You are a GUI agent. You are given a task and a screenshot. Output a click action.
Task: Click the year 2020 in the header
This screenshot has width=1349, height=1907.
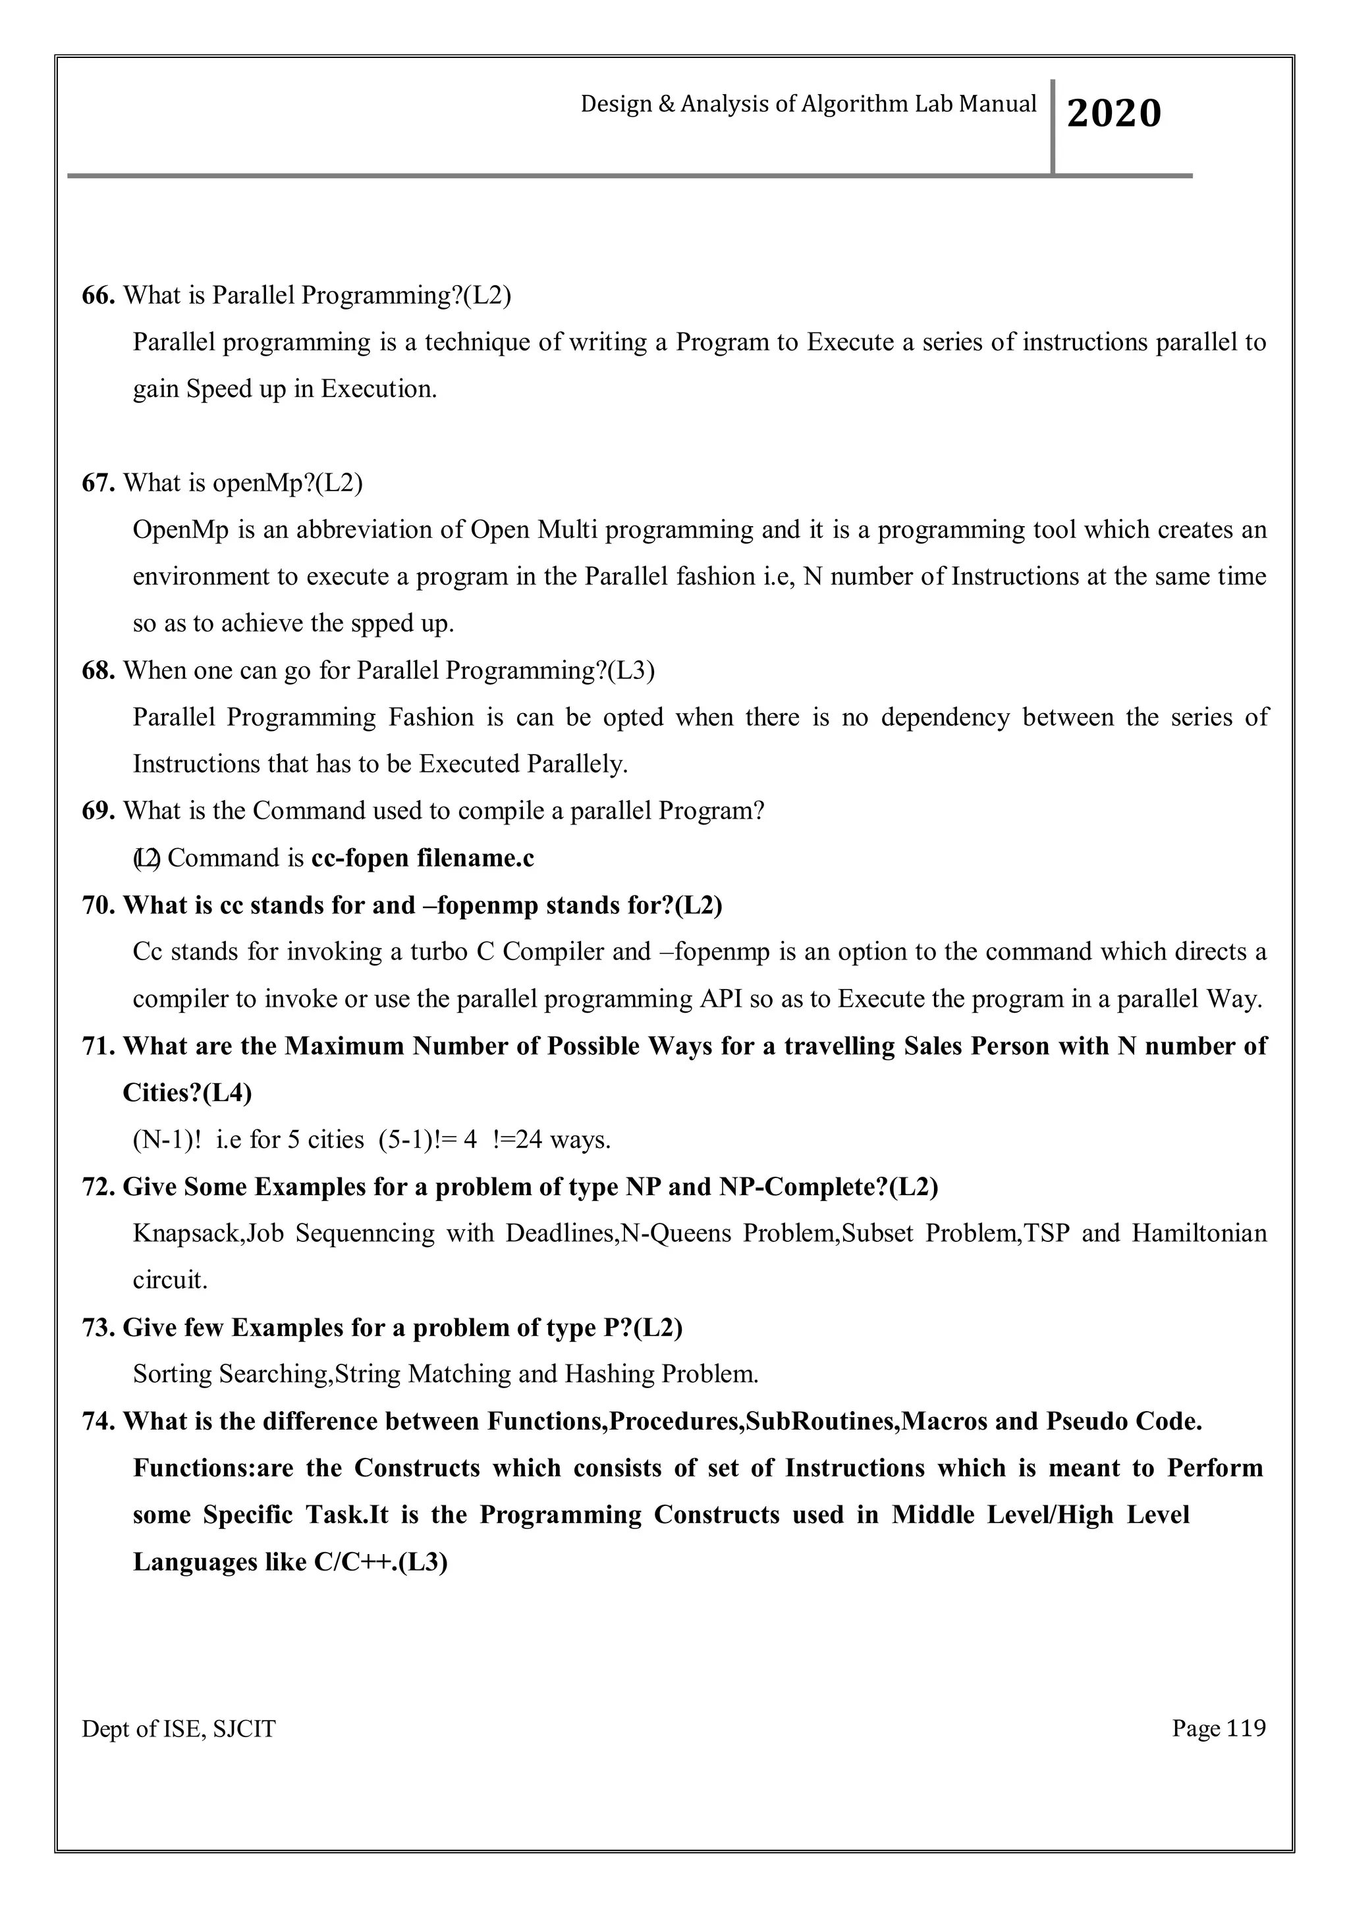coord(1113,114)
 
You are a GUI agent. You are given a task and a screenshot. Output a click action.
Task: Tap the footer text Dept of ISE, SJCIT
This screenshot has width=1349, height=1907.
coord(178,1729)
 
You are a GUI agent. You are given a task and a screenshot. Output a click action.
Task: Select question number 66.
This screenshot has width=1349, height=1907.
coord(98,295)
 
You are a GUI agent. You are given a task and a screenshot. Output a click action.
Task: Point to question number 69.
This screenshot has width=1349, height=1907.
coord(98,810)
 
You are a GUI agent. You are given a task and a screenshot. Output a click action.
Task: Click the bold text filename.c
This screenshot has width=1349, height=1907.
coord(486,857)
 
